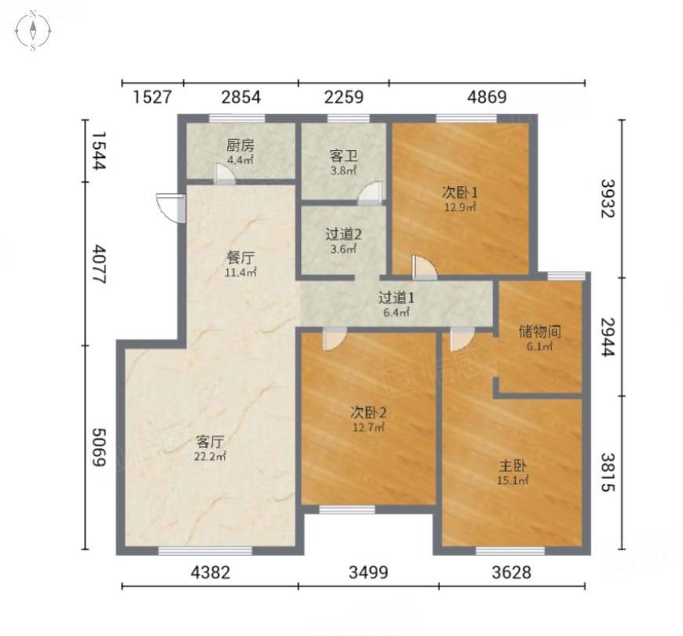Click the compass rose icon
point(33,31)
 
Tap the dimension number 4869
point(487,97)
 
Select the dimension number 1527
point(152,97)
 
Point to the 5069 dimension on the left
point(99,448)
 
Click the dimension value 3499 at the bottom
point(368,572)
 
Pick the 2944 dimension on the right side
point(608,337)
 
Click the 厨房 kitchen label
point(241,144)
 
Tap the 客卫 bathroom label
point(343,155)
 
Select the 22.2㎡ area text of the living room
point(210,457)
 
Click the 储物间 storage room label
point(540,332)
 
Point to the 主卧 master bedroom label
point(512,466)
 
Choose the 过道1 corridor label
point(396,298)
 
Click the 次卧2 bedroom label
point(369,412)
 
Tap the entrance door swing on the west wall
point(171,209)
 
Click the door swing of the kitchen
point(224,174)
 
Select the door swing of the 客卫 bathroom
point(371,193)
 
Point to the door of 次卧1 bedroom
point(424,267)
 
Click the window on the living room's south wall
point(205,550)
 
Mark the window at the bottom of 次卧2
point(347,510)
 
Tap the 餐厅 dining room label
point(241,258)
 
